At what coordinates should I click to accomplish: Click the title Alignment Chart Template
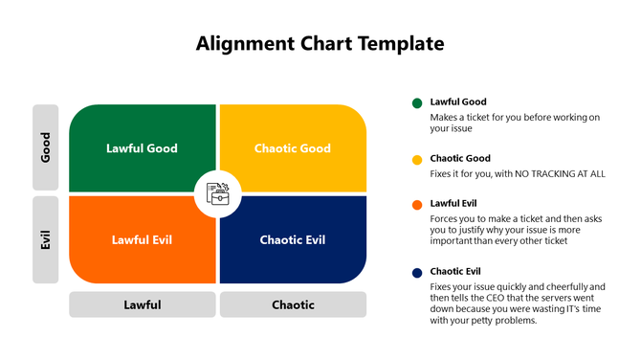tap(320, 43)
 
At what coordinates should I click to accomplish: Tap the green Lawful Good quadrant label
tap(142, 148)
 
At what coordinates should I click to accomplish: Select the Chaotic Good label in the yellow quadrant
tap(293, 148)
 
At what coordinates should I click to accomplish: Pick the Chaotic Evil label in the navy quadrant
tap(293, 239)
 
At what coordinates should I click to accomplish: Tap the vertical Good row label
tap(45, 147)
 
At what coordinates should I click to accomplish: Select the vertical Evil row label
tap(45, 239)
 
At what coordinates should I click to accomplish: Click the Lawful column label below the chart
tap(142, 305)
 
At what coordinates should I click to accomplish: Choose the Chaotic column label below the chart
tap(293, 305)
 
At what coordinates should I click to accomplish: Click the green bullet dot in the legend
tap(417, 103)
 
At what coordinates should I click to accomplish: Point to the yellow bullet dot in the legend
tap(417, 160)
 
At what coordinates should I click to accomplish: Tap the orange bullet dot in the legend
tap(417, 205)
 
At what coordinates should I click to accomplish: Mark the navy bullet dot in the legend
tap(417, 273)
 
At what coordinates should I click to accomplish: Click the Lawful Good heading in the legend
tap(458, 101)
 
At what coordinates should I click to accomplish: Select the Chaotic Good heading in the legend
tap(460, 158)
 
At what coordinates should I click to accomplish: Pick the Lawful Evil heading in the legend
tap(454, 203)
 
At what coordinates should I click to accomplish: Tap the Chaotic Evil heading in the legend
tap(456, 271)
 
